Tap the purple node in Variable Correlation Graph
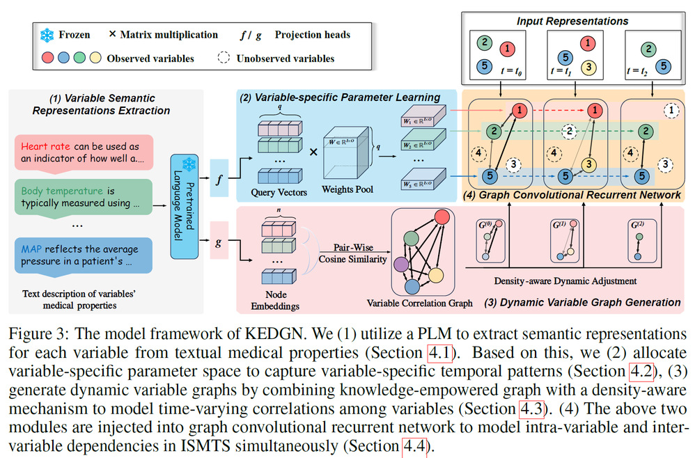[x=402, y=264]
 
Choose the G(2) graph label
[x=637, y=226]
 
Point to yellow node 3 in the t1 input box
[x=589, y=68]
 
